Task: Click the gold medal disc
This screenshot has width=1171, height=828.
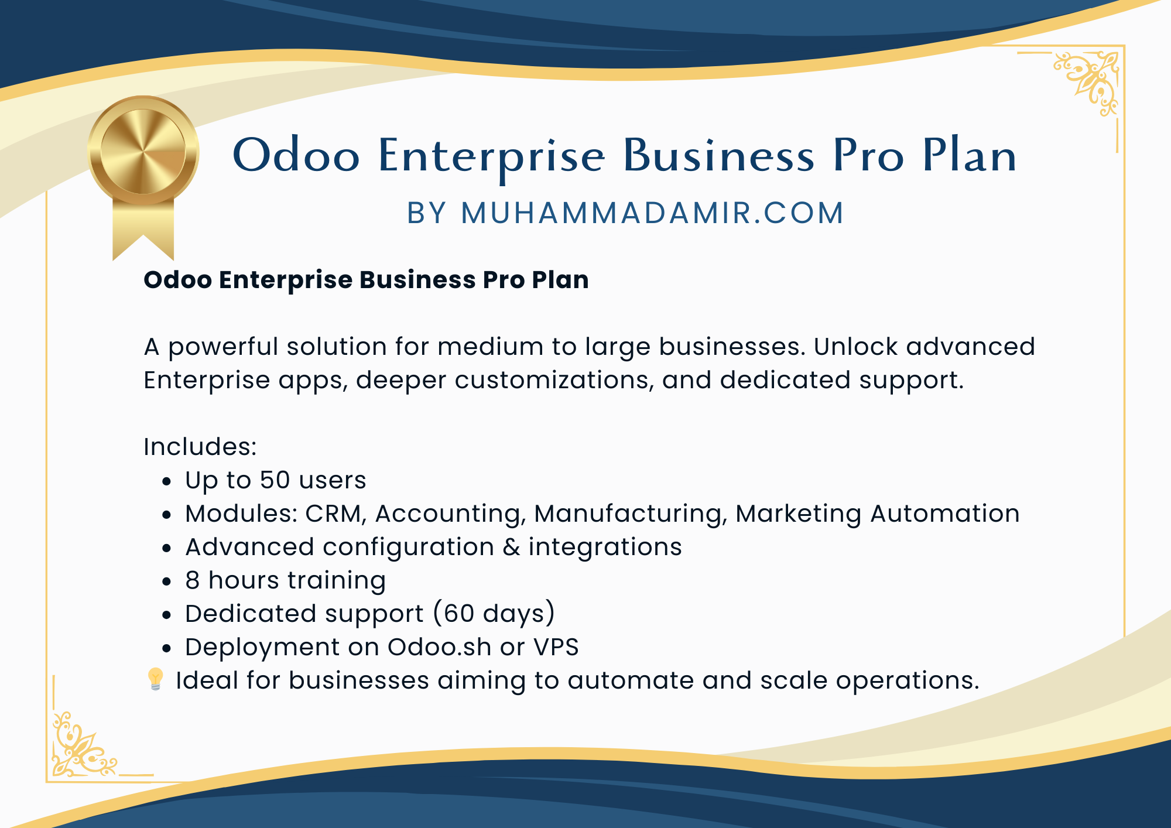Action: pos(143,151)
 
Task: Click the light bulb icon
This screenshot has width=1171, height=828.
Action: pos(155,679)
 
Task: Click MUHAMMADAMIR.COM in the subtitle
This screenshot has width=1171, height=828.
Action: pos(652,213)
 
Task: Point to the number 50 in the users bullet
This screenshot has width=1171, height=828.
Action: pos(275,480)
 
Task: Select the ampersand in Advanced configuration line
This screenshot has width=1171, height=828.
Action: pos(511,547)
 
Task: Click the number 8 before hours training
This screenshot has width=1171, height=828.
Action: pos(193,580)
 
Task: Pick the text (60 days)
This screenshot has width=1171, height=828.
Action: pos(494,614)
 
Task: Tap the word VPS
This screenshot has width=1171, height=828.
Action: pos(556,647)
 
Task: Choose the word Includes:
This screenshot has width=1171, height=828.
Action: pos(200,447)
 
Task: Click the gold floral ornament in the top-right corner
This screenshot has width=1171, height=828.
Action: pos(1088,83)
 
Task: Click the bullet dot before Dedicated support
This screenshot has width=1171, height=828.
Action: pos(167,615)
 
